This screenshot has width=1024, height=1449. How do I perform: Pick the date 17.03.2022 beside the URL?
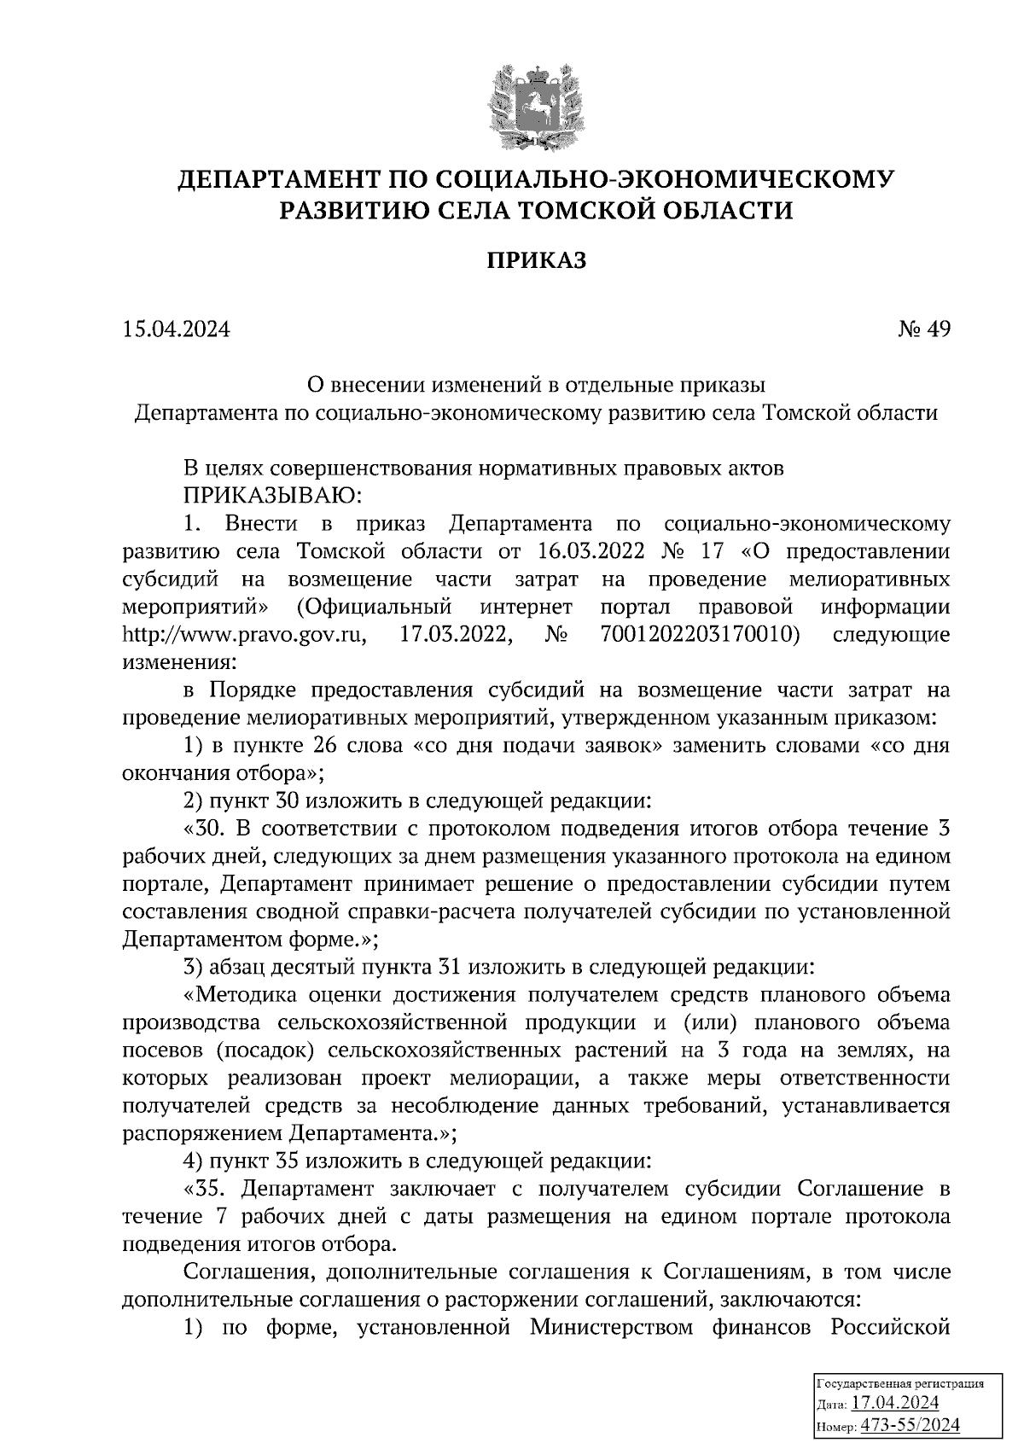[456, 634]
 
